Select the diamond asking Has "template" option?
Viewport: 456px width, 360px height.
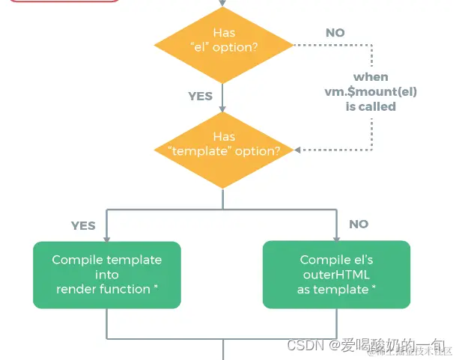223,143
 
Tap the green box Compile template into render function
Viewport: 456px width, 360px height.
107,274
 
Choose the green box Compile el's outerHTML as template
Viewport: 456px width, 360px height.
336,274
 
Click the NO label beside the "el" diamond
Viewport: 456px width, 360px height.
335,33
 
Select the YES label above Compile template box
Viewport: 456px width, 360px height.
83,225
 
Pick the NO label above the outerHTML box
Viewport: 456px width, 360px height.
359,224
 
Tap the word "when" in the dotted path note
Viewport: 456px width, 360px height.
371,76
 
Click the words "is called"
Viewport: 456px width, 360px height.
371,106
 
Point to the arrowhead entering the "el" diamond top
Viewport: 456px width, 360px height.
223,5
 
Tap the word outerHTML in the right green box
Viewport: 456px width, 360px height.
336,275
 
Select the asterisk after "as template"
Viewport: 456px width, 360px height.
374,287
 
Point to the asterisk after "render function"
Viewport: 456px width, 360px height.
156,287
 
